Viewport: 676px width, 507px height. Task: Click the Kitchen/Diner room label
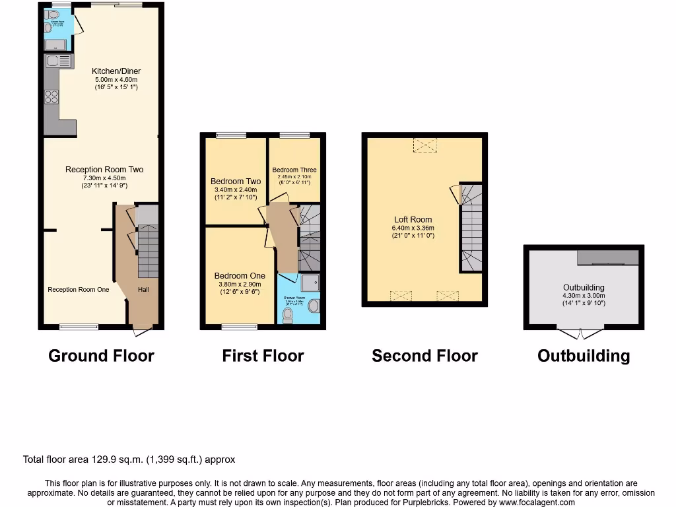point(116,71)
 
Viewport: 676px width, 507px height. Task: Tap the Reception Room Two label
point(104,170)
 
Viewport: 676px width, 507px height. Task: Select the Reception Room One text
point(78,289)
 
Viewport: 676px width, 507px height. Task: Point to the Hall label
point(143,289)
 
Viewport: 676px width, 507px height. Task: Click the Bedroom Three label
point(294,170)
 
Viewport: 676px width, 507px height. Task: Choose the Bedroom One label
point(239,276)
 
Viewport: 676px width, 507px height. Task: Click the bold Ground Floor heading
point(101,356)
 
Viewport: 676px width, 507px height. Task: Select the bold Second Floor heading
point(424,356)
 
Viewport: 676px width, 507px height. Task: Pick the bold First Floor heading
point(263,356)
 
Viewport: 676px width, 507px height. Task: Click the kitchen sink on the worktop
point(52,61)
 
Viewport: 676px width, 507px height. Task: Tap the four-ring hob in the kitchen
point(51,98)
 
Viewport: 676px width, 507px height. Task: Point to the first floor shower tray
point(310,283)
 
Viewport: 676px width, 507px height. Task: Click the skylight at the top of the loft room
point(424,145)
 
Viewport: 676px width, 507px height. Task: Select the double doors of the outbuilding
point(580,333)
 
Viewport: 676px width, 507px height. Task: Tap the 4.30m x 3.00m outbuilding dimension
point(584,296)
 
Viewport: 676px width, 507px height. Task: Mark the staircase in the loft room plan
point(471,228)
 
